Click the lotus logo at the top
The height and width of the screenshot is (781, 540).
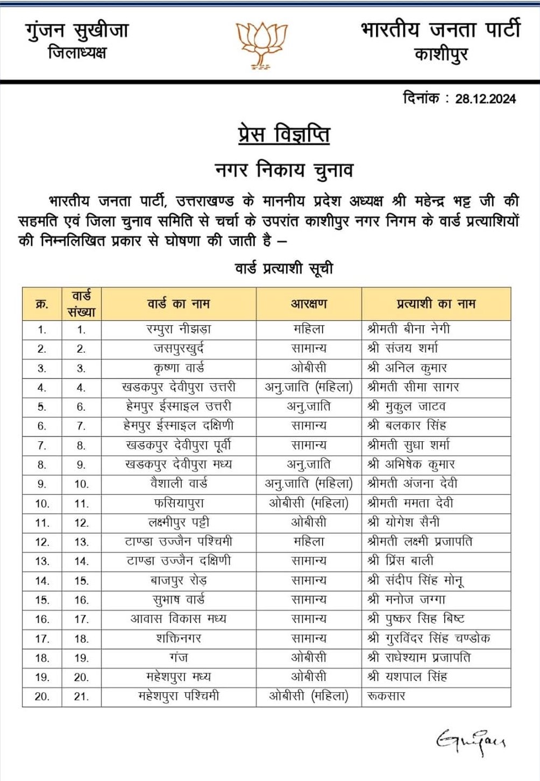click(x=262, y=45)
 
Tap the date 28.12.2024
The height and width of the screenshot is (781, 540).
click(x=485, y=99)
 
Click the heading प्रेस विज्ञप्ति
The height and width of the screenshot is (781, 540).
click(x=283, y=134)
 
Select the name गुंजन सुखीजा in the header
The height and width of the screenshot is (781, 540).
click(x=77, y=31)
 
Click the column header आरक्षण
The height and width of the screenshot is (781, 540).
click(x=309, y=304)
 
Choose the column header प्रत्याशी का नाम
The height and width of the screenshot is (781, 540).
click(x=436, y=304)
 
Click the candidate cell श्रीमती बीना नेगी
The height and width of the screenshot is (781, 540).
click(x=409, y=329)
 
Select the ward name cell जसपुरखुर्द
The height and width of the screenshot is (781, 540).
click(x=179, y=348)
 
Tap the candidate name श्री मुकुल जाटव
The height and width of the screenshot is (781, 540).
click(x=407, y=406)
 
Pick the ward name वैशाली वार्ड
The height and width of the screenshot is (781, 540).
click(x=179, y=484)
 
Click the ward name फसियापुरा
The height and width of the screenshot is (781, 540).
click(x=179, y=503)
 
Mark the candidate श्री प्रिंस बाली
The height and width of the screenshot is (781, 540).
click(x=401, y=561)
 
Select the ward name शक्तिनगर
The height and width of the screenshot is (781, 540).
click(x=179, y=638)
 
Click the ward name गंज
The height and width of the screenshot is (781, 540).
click(x=179, y=657)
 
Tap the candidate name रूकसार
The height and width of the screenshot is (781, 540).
click(x=386, y=696)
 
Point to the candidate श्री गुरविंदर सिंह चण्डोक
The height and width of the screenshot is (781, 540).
click(x=429, y=638)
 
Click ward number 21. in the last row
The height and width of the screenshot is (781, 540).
click(x=81, y=697)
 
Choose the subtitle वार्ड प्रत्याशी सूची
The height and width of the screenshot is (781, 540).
click(x=284, y=268)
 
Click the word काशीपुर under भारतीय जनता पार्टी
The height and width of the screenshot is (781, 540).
click(x=440, y=54)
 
